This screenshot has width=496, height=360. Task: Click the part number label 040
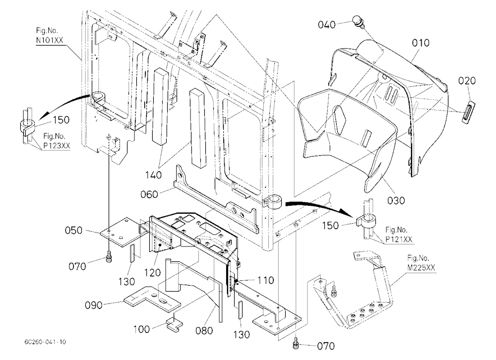[x=326, y=25]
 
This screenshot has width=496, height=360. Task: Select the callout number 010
[x=421, y=43]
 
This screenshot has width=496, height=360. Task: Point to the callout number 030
[x=396, y=200]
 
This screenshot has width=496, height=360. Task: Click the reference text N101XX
[x=49, y=40]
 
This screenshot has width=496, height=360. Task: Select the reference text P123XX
[x=57, y=145]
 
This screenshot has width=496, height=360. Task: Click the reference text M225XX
[x=421, y=268]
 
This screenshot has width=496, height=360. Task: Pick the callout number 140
[x=153, y=175]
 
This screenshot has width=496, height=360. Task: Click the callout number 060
[x=149, y=194]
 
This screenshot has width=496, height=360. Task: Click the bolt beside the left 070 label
[x=109, y=257]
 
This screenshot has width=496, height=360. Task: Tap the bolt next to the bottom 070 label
[x=296, y=343]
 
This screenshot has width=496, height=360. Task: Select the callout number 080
[x=204, y=331]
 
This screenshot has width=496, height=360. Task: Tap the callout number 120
[x=152, y=272]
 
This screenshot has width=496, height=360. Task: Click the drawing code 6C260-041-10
[x=45, y=342]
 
